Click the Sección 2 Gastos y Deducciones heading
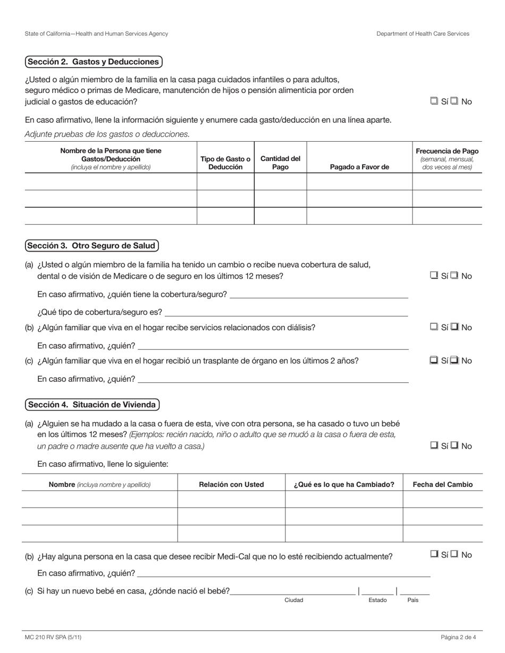[94, 62]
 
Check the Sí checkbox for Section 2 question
[434, 101]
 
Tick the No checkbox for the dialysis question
[454, 327]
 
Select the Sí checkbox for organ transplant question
[434, 360]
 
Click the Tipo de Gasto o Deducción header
[225, 162]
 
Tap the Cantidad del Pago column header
[280, 162]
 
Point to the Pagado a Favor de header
[359, 167]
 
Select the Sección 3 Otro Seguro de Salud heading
[91, 245]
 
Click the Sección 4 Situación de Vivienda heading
[92, 405]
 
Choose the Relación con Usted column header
[231, 484]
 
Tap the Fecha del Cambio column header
[442, 484]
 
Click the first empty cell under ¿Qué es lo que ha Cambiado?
[344, 499]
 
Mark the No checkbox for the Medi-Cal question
[454, 554]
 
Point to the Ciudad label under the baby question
[293, 600]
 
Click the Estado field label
[377, 600]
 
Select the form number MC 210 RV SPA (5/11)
[53, 637]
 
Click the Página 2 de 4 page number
[458, 637]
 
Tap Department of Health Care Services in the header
[423, 33]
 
